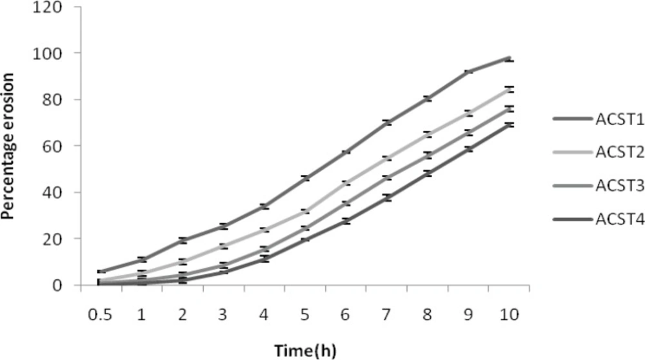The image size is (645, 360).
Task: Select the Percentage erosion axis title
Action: [8, 146]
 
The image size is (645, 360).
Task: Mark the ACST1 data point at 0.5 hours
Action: [101, 272]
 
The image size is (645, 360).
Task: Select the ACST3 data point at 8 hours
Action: [428, 155]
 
